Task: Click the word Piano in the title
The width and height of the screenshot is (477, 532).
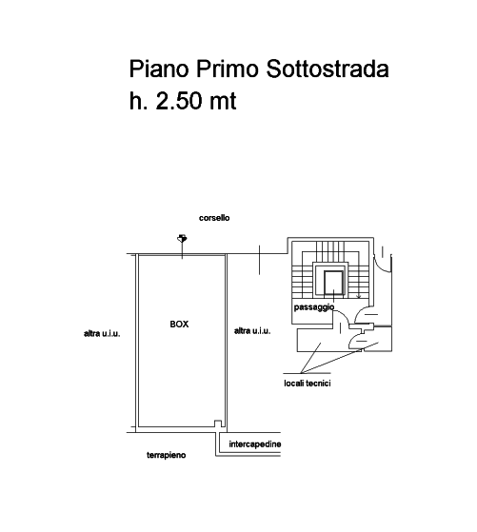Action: tap(159, 69)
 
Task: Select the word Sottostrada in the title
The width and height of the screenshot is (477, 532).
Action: tap(327, 69)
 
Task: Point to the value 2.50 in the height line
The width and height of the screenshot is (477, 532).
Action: tap(179, 101)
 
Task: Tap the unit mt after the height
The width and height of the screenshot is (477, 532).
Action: tap(223, 101)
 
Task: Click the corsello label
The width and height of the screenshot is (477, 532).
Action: tap(214, 218)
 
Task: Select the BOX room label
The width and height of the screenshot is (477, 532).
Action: tap(179, 325)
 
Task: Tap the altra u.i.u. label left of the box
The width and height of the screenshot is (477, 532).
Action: tap(102, 333)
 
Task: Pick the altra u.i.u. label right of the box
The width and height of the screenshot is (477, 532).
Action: tap(252, 331)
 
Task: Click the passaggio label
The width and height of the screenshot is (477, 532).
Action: tap(314, 307)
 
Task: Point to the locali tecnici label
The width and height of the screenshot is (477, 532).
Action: tap(308, 383)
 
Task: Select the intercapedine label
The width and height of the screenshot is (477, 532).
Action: tap(255, 444)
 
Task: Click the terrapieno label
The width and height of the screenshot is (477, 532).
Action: tap(167, 455)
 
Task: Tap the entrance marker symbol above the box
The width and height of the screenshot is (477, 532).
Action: tap(182, 239)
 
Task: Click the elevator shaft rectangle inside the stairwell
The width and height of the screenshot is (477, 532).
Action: tap(333, 283)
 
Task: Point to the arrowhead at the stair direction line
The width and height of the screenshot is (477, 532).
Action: tap(359, 297)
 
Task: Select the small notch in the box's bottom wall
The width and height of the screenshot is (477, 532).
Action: tap(218, 424)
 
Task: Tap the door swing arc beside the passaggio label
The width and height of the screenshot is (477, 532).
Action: tap(342, 317)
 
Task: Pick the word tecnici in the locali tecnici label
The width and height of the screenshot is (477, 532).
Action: tap(318, 383)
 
